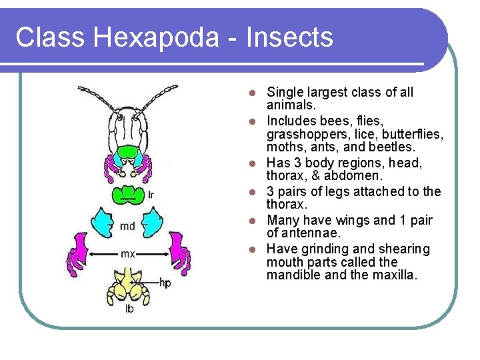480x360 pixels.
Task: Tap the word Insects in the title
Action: (x=289, y=37)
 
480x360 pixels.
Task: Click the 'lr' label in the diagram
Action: (x=151, y=195)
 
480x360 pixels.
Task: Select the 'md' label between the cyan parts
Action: (x=127, y=227)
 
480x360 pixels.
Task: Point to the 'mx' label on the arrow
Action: (x=127, y=253)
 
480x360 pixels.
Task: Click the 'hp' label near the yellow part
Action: (x=165, y=283)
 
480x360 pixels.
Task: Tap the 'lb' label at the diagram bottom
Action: (x=129, y=309)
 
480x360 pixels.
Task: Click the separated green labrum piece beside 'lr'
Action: (x=129, y=196)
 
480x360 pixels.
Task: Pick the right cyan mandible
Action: (x=153, y=223)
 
